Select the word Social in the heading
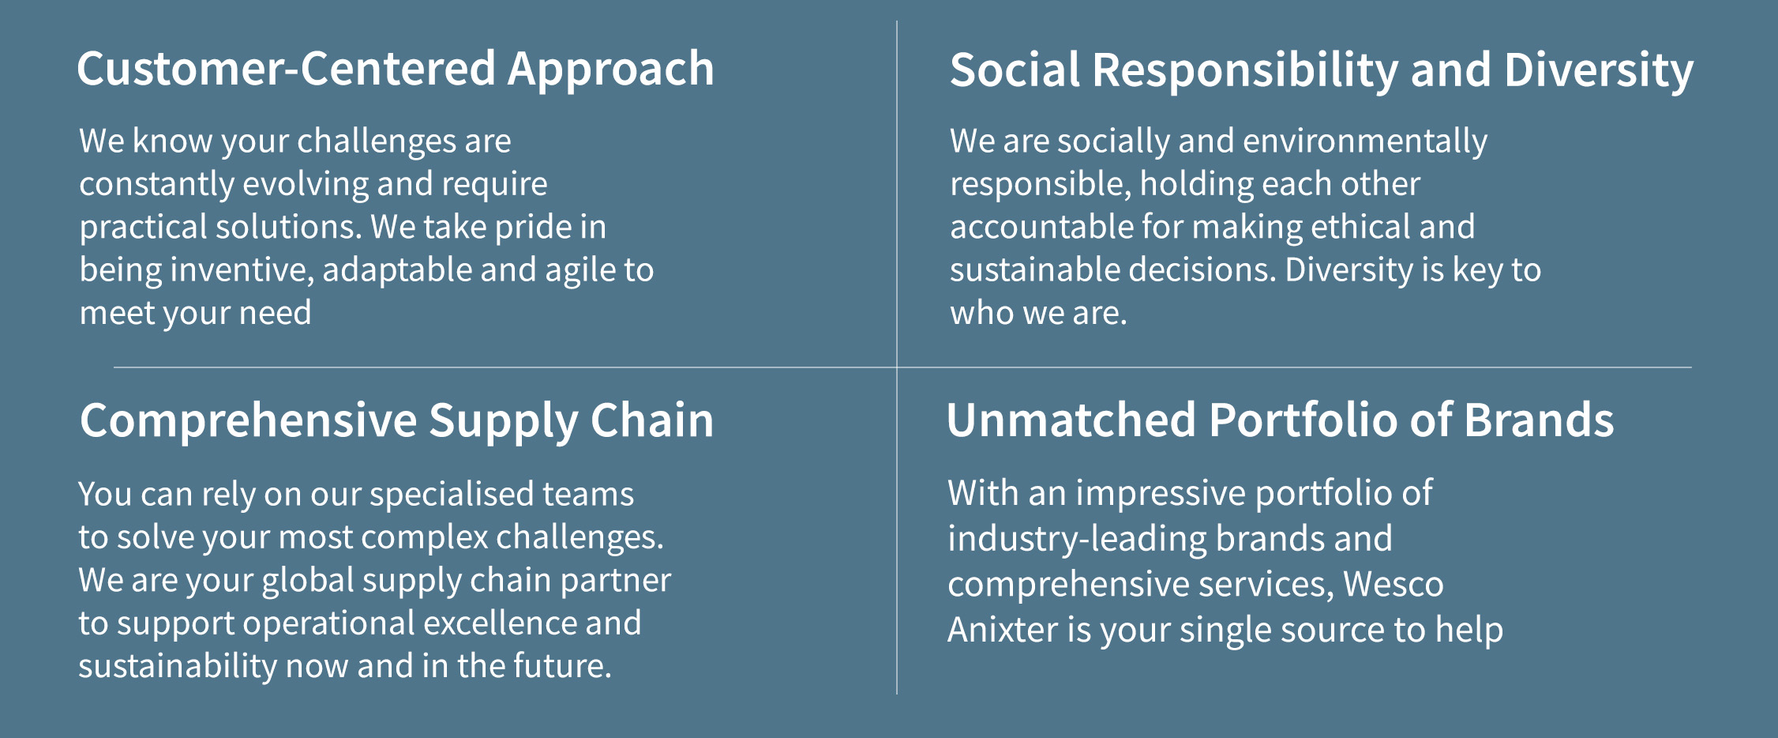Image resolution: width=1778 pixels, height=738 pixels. pyautogui.click(x=1015, y=70)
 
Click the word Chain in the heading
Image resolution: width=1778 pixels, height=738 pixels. pyautogui.click(x=651, y=420)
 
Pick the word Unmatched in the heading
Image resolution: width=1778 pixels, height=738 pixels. pyautogui.click(x=1071, y=420)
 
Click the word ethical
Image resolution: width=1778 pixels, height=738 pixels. pyautogui.click(x=1360, y=227)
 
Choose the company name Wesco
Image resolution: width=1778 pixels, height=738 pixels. pyautogui.click(x=1394, y=585)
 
